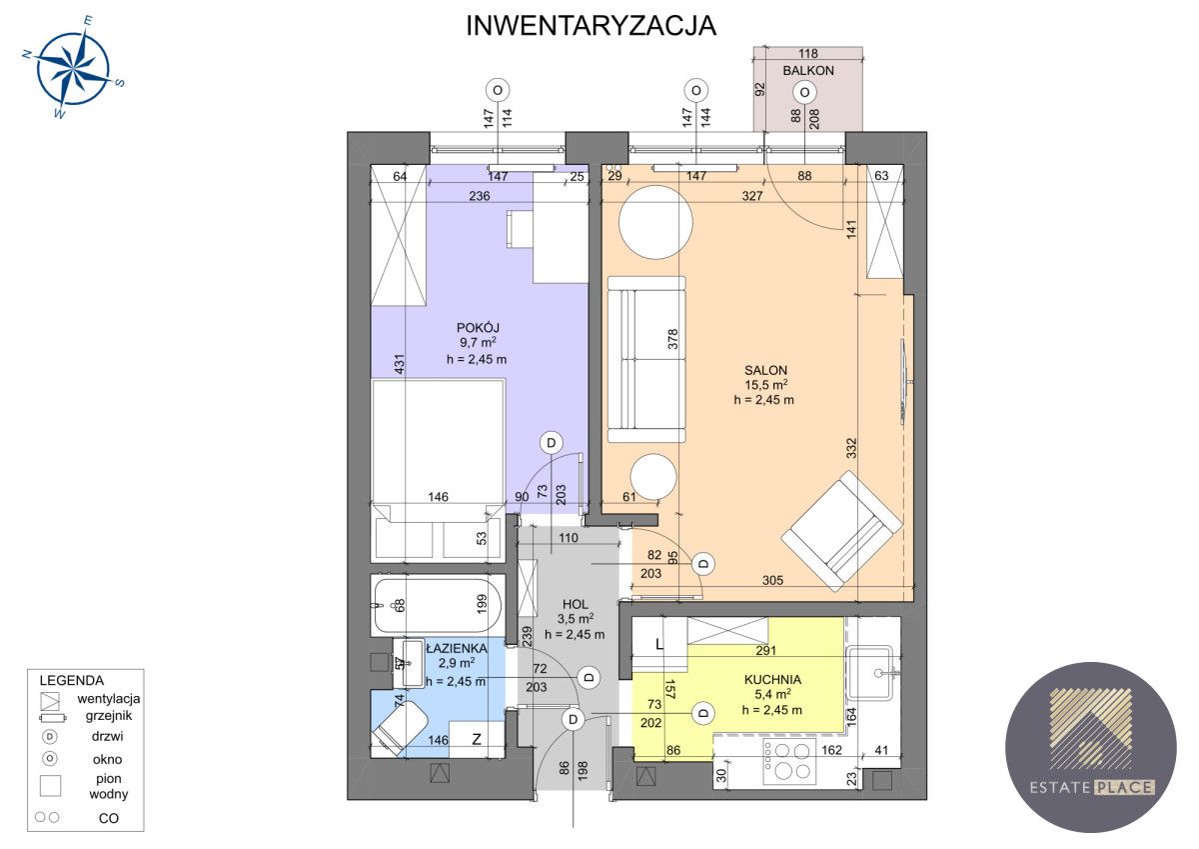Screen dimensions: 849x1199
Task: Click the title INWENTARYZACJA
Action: click(x=592, y=27)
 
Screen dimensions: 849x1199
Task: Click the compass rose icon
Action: click(x=73, y=69)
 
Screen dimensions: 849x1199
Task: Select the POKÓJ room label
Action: click(x=477, y=327)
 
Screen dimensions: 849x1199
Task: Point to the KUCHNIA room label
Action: click(x=772, y=679)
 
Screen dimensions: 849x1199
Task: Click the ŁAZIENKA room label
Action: click(x=456, y=648)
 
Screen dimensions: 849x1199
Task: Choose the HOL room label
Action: click(x=575, y=604)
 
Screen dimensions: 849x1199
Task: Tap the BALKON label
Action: click(x=807, y=71)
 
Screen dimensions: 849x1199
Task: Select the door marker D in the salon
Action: click(x=703, y=564)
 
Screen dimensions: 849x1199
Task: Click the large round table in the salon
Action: click(x=655, y=223)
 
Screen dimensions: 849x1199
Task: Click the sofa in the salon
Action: click(x=646, y=359)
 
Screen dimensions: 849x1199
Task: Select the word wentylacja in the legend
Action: click(x=108, y=698)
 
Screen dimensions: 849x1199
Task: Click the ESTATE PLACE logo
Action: click(x=1090, y=746)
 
